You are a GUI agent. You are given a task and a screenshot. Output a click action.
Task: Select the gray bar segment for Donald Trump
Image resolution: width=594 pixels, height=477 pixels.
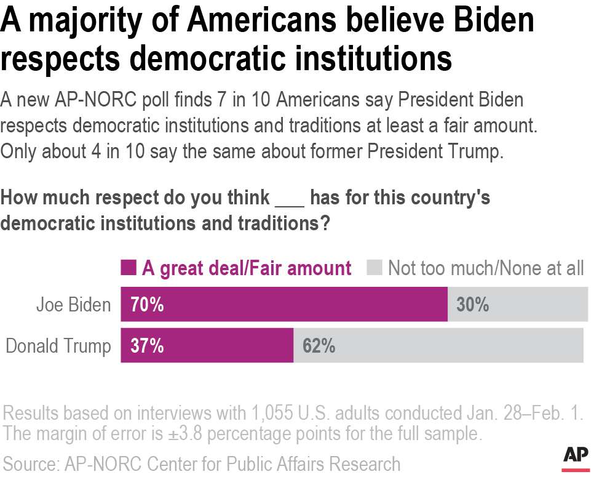point(438,345)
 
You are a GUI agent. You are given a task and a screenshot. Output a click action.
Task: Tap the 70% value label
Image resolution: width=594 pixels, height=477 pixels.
point(146,304)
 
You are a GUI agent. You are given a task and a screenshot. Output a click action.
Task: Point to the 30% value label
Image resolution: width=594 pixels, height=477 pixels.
point(472,304)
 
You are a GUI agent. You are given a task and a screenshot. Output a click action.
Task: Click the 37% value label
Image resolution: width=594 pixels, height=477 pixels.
point(146,346)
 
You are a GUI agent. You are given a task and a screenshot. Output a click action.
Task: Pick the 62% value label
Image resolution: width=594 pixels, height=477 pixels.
point(319,346)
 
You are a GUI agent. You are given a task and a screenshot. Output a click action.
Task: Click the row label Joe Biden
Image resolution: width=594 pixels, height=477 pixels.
point(73,305)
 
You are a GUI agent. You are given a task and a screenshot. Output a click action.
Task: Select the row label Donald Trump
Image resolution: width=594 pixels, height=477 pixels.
point(58,346)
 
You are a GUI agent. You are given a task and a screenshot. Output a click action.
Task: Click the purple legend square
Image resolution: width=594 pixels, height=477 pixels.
point(128,268)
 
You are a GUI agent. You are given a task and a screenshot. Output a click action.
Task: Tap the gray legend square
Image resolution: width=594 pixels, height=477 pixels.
point(376,268)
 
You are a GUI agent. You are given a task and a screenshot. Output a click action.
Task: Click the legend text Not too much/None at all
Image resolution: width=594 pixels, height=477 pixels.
point(485,268)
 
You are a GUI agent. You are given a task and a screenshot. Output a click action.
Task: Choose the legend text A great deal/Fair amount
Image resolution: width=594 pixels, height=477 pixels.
point(247,268)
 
